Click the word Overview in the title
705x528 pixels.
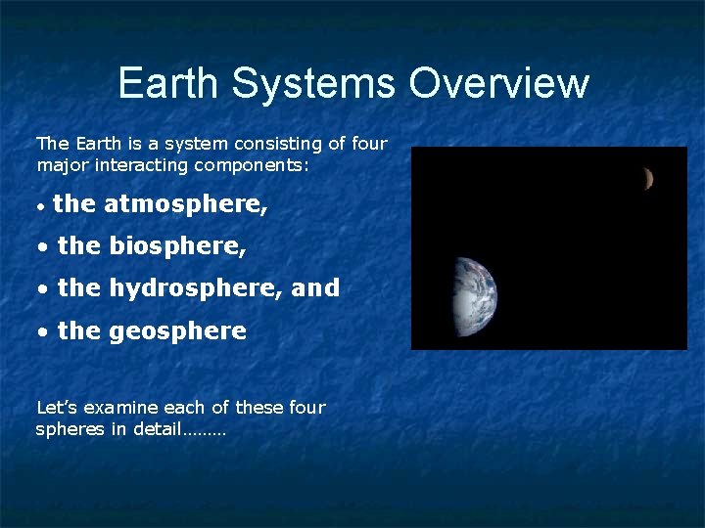[x=498, y=83]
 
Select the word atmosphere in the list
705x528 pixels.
[x=185, y=204]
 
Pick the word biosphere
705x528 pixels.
[x=177, y=246]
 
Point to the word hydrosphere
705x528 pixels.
[x=196, y=288]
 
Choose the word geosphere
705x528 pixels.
[x=177, y=331]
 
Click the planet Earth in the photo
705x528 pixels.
[x=474, y=296]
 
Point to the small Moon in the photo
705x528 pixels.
[x=647, y=178]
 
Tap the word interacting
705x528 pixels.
[x=140, y=165]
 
